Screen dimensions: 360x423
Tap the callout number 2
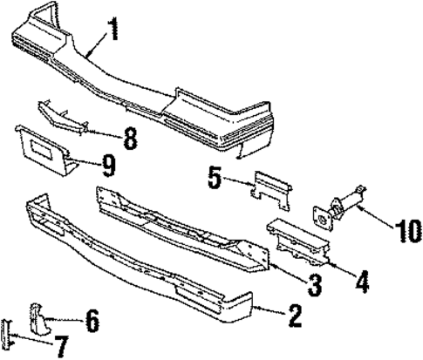296,315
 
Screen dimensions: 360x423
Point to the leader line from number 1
96,45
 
